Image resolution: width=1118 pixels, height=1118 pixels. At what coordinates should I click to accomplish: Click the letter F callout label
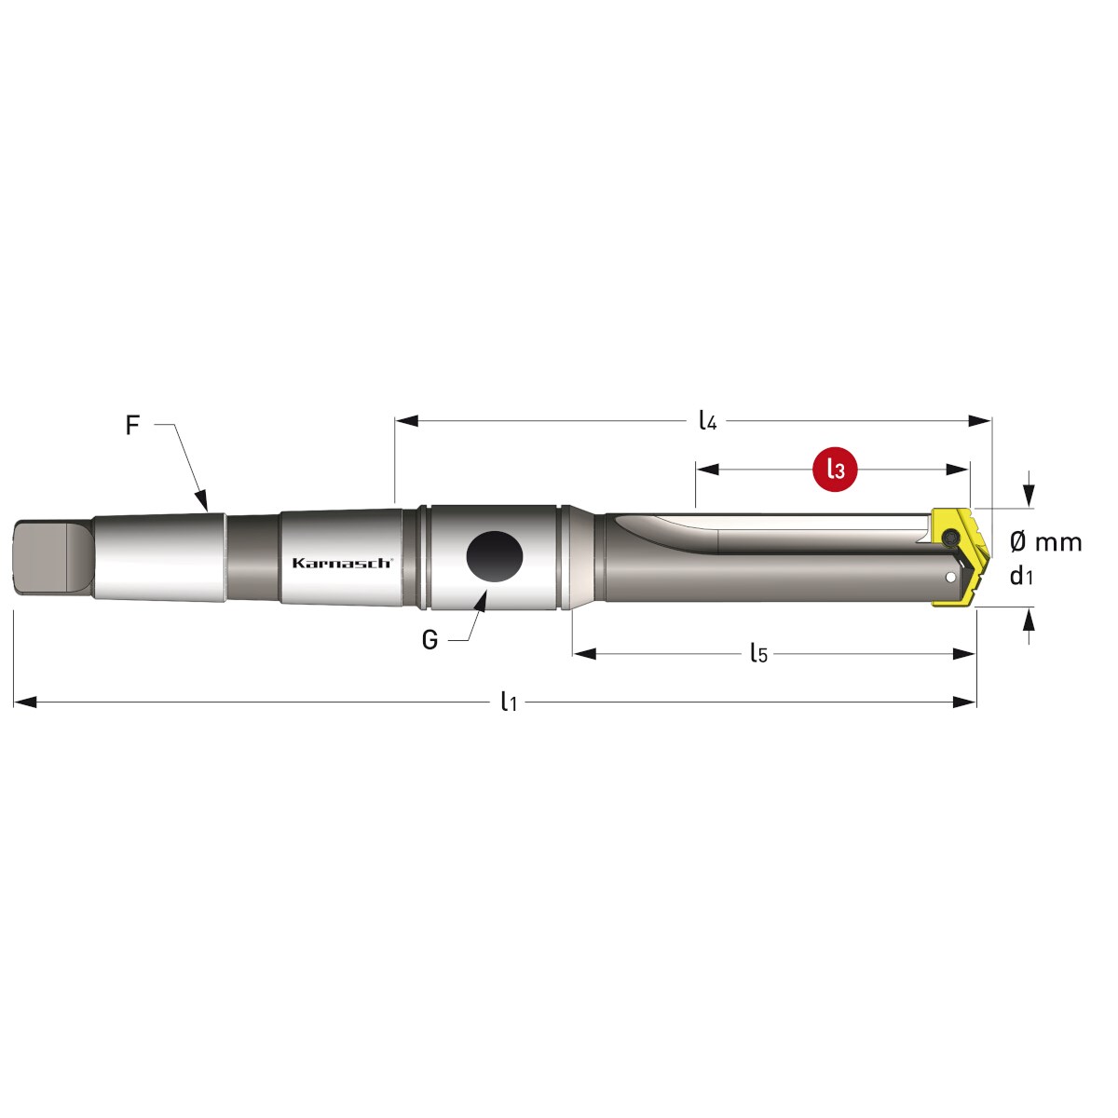[x=132, y=425]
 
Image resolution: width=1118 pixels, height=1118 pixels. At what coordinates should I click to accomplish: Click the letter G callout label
[x=429, y=640]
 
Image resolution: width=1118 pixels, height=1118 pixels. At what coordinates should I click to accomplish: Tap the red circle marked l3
[x=836, y=470]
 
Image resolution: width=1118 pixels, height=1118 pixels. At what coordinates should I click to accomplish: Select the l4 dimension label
[x=707, y=420]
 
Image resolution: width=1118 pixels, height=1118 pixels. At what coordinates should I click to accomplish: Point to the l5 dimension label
[x=759, y=653]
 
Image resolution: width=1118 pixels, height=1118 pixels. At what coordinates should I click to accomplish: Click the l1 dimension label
[x=509, y=702]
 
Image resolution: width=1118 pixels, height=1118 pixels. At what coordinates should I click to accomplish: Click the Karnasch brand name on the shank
[x=342, y=563]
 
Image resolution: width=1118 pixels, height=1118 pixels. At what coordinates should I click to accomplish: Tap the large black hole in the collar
[x=495, y=556]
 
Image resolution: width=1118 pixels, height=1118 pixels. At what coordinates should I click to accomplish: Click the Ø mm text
[x=1046, y=542]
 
